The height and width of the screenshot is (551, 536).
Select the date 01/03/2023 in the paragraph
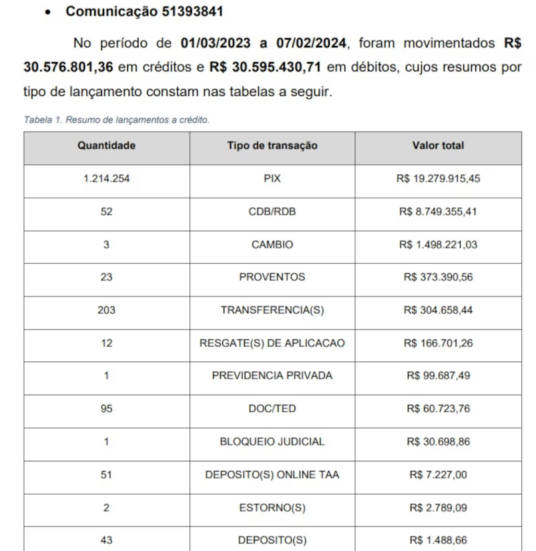click(216, 44)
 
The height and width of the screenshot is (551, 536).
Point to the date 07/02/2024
click(310, 44)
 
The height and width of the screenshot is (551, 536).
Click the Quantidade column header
click(106, 146)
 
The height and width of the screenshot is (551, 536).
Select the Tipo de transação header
click(272, 146)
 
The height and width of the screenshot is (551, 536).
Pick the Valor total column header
click(438, 146)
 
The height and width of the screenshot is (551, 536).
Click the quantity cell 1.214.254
click(106, 179)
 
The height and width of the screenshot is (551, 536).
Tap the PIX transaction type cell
click(272, 179)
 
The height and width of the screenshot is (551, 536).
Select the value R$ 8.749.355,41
click(438, 212)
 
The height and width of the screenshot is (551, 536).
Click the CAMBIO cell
click(272, 244)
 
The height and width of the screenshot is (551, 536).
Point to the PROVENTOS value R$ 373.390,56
click(438, 277)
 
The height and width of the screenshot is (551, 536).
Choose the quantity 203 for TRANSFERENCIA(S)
click(106, 310)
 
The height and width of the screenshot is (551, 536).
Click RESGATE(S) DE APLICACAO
click(272, 343)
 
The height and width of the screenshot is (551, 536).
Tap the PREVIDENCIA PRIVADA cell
click(272, 376)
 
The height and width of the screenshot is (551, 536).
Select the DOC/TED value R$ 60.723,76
click(438, 409)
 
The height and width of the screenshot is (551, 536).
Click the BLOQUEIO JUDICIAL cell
click(272, 441)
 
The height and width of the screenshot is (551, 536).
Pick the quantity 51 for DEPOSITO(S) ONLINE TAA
click(106, 475)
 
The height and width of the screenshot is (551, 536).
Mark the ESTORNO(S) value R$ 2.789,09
click(438, 508)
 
